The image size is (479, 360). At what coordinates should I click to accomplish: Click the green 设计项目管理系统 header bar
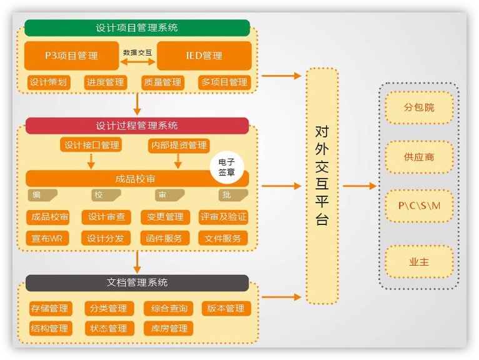(x=137, y=28)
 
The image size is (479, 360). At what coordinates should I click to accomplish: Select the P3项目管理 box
(x=71, y=56)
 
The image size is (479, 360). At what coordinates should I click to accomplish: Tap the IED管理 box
(x=204, y=56)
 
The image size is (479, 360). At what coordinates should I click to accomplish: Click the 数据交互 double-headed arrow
(x=138, y=62)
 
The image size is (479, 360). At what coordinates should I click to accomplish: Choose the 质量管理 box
(x=163, y=82)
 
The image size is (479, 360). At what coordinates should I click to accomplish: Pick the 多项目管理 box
(x=224, y=82)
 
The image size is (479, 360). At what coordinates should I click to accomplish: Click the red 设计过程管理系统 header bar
(x=137, y=126)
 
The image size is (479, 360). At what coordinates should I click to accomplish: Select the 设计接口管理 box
(x=91, y=145)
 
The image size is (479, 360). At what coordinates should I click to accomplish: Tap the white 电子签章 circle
(x=226, y=167)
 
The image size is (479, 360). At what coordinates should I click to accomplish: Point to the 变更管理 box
(x=165, y=217)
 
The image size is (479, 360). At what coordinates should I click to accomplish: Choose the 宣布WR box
(x=48, y=238)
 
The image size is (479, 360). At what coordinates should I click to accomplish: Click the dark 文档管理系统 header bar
(x=137, y=283)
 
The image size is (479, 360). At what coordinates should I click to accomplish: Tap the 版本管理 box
(x=226, y=308)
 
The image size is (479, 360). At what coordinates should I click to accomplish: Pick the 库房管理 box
(x=165, y=328)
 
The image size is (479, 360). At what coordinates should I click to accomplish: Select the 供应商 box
(x=419, y=157)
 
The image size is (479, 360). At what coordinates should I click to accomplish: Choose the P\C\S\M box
(x=419, y=206)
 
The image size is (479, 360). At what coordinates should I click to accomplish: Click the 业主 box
(x=419, y=262)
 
